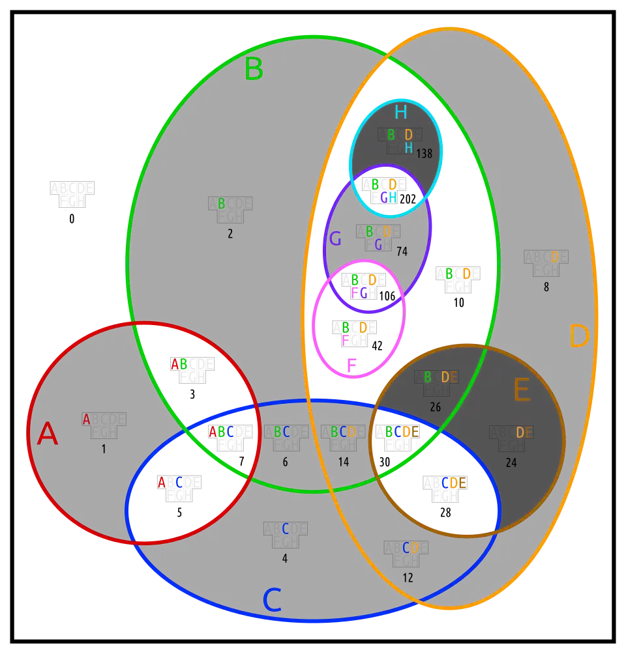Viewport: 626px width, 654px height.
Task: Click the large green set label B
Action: click(253, 70)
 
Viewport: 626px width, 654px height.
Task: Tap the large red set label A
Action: click(47, 434)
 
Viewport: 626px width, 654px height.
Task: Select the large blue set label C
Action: click(272, 600)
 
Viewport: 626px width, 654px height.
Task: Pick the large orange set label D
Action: click(579, 337)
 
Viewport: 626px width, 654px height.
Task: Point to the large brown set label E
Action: click(521, 391)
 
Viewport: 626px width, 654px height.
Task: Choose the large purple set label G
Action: click(335, 239)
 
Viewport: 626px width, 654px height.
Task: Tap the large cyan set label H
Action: click(400, 113)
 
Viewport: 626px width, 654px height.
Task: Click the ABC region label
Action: click(221, 431)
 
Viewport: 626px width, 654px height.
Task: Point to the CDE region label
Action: click(453, 483)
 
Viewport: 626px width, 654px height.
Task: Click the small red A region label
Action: click(86, 420)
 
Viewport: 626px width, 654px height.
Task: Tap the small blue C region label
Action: click(285, 529)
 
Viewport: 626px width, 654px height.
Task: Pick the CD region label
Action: click(410, 548)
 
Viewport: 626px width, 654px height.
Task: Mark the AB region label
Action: click(179, 363)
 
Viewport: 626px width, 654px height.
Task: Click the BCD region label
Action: click(343, 432)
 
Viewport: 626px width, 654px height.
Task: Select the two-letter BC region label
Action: click(282, 432)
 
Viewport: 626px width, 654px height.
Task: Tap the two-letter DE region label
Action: click(524, 433)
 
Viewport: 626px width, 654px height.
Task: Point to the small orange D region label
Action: click(555, 257)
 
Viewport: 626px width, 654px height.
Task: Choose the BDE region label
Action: click(440, 377)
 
